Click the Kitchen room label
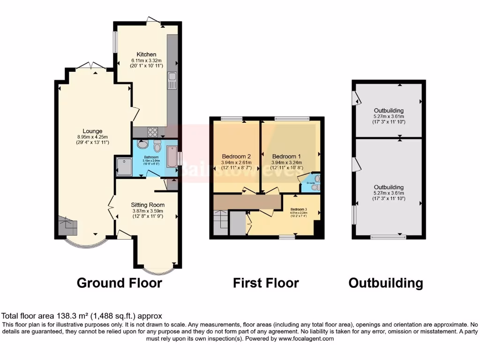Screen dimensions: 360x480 [x=146, y=54]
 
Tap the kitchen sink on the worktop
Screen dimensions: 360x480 [x=172, y=81]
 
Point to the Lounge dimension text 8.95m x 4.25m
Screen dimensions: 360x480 [x=93, y=137]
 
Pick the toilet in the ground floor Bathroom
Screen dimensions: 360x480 [x=157, y=144]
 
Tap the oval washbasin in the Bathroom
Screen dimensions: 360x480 [x=142, y=144]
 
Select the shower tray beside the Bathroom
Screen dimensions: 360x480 [x=124, y=166]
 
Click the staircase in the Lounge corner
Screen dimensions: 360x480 [x=68, y=227]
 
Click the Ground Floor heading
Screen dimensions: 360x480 [x=119, y=283]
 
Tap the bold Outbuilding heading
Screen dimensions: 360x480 [x=385, y=283]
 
